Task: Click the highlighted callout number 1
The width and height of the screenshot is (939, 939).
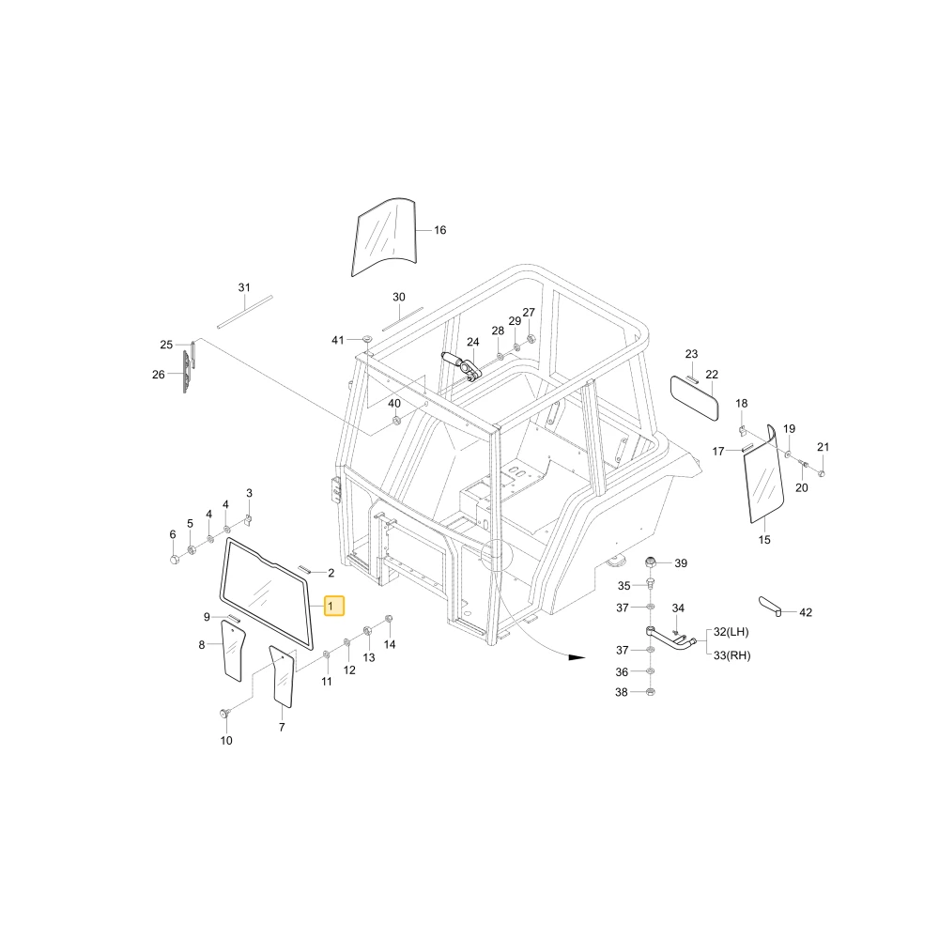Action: tap(334, 606)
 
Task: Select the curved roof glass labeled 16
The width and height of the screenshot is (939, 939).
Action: tap(383, 237)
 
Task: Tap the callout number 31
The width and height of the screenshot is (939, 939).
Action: tap(244, 287)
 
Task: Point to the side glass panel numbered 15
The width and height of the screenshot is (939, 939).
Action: tap(764, 474)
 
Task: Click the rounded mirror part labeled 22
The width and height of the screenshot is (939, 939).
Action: tap(694, 398)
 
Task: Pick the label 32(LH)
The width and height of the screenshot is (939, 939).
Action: tap(731, 632)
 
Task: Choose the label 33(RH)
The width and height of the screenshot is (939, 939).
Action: tap(731, 655)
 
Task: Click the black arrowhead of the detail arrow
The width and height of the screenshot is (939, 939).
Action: tap(577, 657)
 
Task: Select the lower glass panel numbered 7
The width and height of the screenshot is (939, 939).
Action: tap(282, 677)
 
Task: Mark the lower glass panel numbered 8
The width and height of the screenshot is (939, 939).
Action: tap(232, 651)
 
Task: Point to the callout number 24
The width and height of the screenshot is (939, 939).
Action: tap(473, 342)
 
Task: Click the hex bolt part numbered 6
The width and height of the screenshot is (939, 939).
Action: tap(175, 560)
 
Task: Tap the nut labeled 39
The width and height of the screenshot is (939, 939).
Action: tap(651, 562)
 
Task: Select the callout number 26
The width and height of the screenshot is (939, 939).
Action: tap(158, 375)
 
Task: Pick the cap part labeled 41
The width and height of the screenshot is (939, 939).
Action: tap(367, 340)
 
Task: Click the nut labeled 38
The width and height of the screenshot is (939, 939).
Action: tap(652, 692)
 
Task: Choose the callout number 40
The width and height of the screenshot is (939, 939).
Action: tap(394, 403)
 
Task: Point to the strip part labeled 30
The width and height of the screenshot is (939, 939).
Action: tap(403, 318)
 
